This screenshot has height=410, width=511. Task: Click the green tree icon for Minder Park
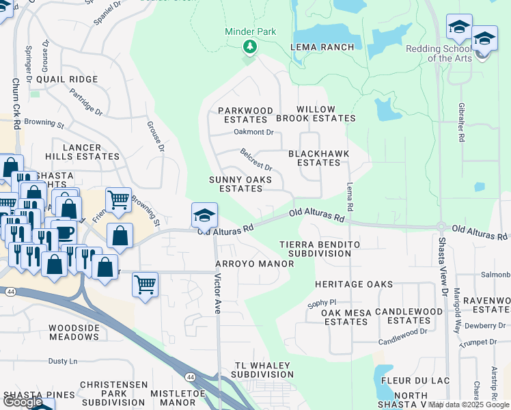click(251, 46)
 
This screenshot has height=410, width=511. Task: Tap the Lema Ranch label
click(322, 47)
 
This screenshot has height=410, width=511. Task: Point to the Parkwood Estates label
click(245, 115)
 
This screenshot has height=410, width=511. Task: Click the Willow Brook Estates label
click(325, 114)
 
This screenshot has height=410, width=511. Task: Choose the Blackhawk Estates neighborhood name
click(314, 159)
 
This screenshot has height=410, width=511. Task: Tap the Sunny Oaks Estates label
click(240, 184)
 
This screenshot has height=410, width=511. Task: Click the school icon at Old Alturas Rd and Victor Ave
click(204, 215)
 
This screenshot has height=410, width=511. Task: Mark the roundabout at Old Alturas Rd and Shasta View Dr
click(441, 226)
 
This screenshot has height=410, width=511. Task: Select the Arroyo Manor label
click(245, 264)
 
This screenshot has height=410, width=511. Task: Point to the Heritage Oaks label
click(353, 284)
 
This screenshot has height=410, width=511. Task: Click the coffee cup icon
click(63, 232)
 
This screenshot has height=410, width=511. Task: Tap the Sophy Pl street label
click(323, 301)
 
